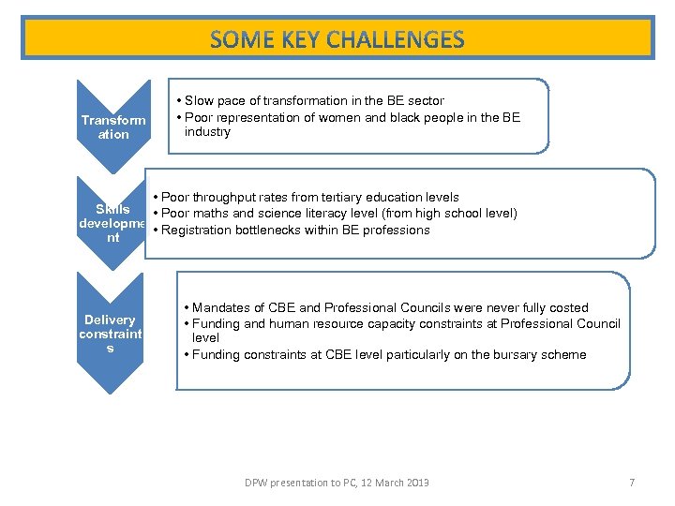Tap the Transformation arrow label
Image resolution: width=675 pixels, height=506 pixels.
click(113, 127)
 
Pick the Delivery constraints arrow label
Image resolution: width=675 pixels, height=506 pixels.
click(110, 334)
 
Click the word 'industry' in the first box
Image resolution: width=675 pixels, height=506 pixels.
click(207, 132)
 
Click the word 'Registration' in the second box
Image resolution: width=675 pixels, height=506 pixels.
click(196, 230)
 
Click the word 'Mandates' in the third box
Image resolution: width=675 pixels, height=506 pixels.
click(219, 307)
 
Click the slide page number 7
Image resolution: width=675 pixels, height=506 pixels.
click(632, 483)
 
